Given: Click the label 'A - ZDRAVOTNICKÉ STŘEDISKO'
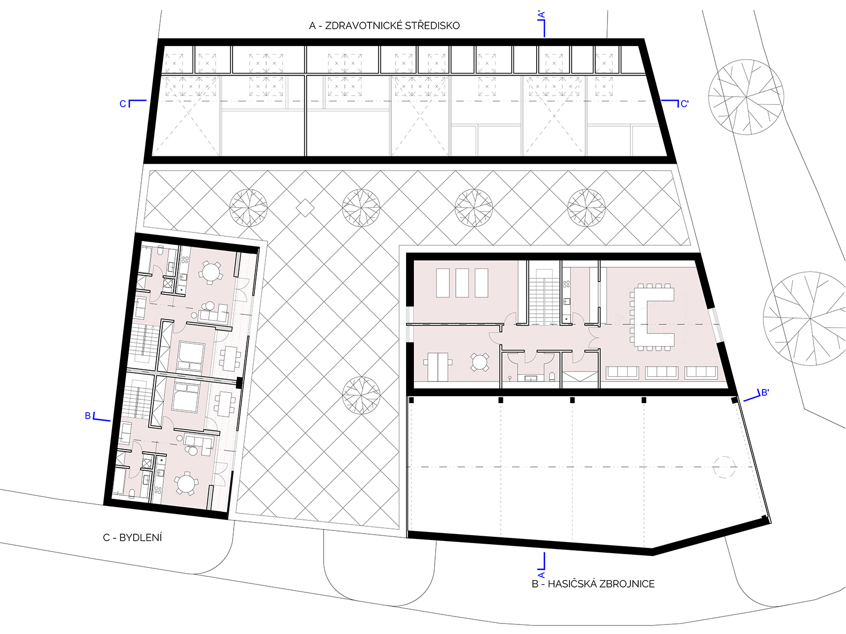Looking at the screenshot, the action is (x=384, y=26).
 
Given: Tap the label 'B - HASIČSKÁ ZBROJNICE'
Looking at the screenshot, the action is (x=593, y=584).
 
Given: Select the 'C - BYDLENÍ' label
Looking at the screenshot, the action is (x=133, y=537).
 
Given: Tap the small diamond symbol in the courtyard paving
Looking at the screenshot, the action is (x=305, y=208).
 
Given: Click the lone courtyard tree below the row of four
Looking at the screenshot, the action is (x=361, y=395).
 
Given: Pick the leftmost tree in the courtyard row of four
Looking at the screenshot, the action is (x=249, y=208).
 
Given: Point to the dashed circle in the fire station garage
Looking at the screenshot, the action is (x=724, y=467).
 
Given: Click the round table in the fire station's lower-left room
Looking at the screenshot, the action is (x=480, y=362).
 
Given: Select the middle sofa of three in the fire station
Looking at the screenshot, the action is (x=661, y=372).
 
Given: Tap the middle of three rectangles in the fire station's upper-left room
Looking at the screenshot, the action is (x=462, y=283).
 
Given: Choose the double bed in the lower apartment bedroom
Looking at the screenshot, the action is (x=187, y=396).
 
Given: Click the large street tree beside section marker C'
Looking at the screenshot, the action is (x=746, y=97).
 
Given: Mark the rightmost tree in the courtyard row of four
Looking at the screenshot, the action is (x=586, y=208).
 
